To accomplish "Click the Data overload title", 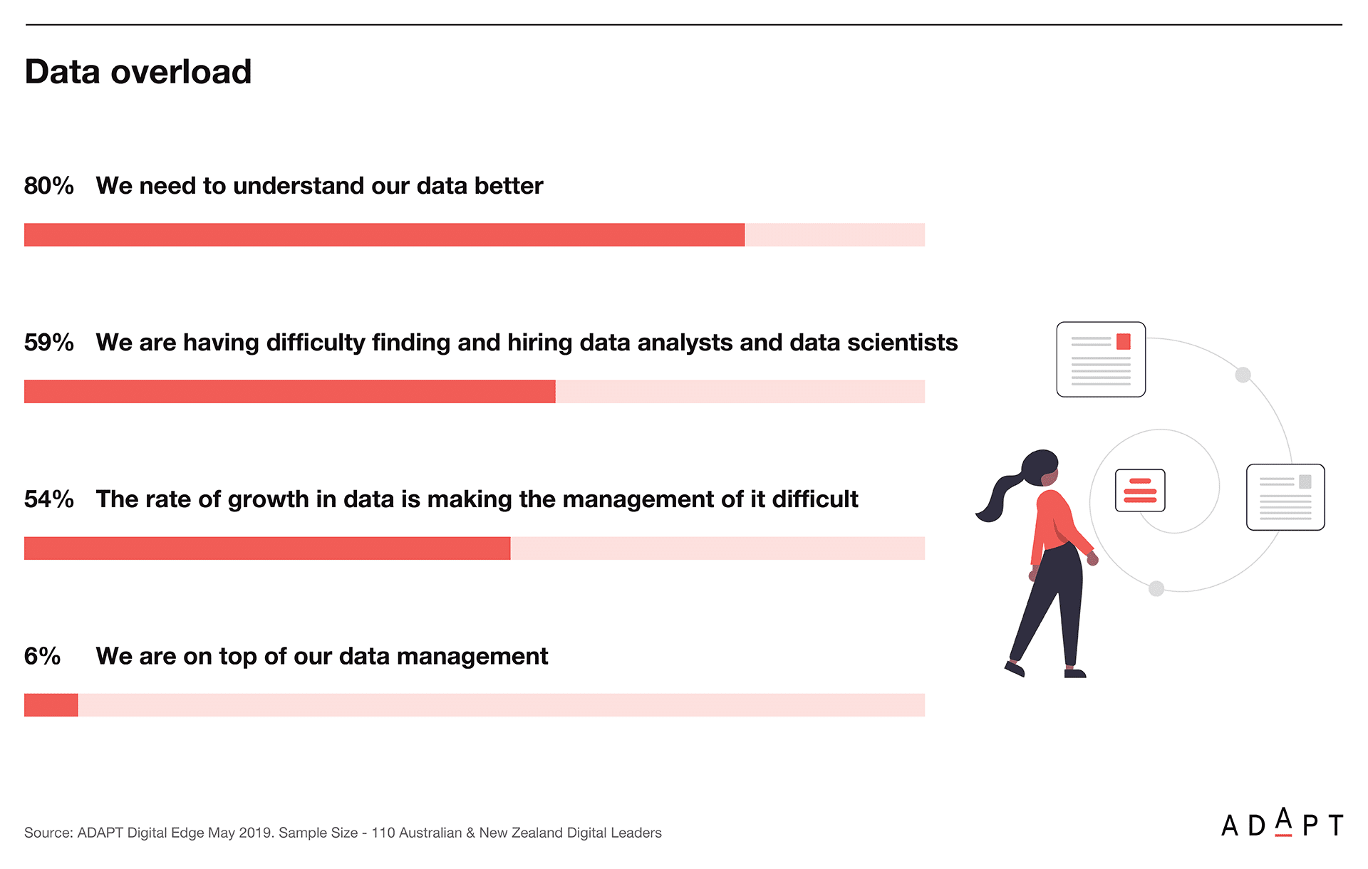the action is [x=138, y=72].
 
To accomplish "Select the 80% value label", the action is [x=49, y=186].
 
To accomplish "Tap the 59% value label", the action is [x=49, y=343].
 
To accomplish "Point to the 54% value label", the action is [x=49, y=499].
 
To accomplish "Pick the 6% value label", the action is [x=42, y=656].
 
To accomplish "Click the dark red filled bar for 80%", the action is [x=384, y=235].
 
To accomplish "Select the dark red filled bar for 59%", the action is [x=289, y=392].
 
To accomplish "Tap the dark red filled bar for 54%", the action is [x=267, y=548].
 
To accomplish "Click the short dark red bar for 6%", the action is [x=51, y=705].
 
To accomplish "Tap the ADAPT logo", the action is [x=1282, y=823].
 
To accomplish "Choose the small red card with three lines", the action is [x=1140, y=490].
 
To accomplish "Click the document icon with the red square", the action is [x=1101, y=359].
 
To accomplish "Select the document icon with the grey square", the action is [x=1285, y=497].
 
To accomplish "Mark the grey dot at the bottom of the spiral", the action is [x=1156, y=588].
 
